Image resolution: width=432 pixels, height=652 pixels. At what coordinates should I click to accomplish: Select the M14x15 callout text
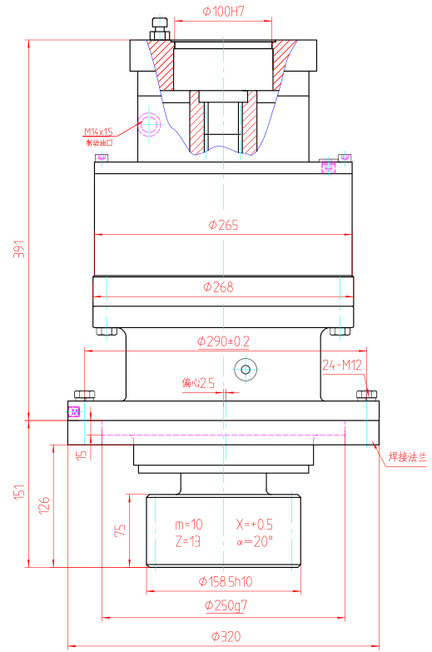click(98, 132)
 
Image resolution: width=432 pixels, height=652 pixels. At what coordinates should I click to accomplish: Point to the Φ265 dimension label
click(223, 225)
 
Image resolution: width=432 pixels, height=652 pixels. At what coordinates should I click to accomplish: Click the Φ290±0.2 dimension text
click(223, 341)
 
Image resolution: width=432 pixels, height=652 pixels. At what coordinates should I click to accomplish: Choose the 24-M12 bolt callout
click(340, 364)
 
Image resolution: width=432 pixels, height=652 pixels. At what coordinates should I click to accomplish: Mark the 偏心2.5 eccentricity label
click(198, 383)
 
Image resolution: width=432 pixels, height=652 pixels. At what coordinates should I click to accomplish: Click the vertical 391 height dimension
click(20, 250)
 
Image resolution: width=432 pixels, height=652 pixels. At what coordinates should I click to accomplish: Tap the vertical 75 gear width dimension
click(120, 531)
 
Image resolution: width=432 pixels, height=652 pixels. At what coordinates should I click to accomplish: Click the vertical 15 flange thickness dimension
click(80, 455)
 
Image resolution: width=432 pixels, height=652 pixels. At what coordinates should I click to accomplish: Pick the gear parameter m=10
click(188, 525)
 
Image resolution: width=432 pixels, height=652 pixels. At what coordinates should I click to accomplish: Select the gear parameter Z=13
click(188, 541)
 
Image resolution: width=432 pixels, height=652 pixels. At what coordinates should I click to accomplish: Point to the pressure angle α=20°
click(254, 541)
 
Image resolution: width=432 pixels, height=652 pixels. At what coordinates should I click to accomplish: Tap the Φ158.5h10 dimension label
click(225, 580)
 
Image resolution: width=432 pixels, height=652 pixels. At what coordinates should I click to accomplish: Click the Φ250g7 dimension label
click(223, 607)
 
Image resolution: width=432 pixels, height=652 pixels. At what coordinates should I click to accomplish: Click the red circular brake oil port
click(151, 124)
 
